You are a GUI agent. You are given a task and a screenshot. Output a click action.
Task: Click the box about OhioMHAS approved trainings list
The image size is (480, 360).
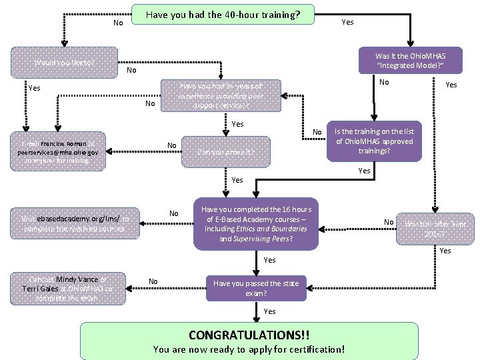[374, 141]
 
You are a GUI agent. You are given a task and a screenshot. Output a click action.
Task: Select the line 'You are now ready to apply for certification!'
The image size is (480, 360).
[249, 349]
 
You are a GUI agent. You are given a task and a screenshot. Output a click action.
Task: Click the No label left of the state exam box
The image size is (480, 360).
[153, 281]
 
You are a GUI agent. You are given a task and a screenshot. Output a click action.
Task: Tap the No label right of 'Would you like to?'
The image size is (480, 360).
[131, 70]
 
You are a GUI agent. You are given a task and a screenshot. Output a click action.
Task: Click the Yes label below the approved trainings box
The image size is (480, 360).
[364, 171]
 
